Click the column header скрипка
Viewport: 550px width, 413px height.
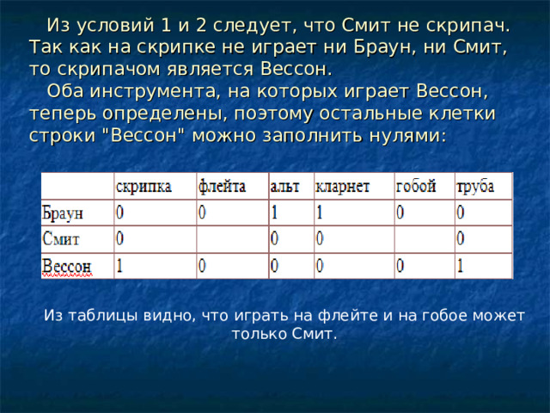pyautogui.click(x=144, y=187)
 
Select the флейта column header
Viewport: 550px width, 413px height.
pyautogui.click(x=222, y=186)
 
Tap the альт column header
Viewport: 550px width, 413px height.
pyautogui.click(x=284, y=186)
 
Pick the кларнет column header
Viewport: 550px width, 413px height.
pyautogui.click(x=342, y=187)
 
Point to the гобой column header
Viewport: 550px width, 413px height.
pyautogui.click(x=416, y=186)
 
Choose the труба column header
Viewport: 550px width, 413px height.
pyautogui.click(x=475, y=187)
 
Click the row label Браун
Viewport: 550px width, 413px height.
pyautogui.click(x=63, y=213)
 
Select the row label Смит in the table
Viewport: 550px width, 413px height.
pyautogui.click(x=61, y=239)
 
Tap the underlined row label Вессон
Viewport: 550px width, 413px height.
pyautogui.click(x=67, y=266)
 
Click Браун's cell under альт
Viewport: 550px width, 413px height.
pyautogui.click(x=291, y=213)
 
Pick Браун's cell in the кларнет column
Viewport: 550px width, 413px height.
pyautogui.click(x=354, y=213)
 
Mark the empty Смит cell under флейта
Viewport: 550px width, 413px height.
pyautogui.click(x=233, y=239)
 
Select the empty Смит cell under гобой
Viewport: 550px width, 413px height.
pyautogui.click(x=425, y=239)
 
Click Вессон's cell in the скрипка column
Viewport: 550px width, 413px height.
pyautogui.click(x=156, y=266)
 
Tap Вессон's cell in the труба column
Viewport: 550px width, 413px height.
pyautogui.click(x=484, y=266)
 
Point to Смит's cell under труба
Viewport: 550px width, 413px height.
pyautogui.click(x=484, y=239)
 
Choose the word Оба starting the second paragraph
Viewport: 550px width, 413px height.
pyautogui.click(x=65, y=91)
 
